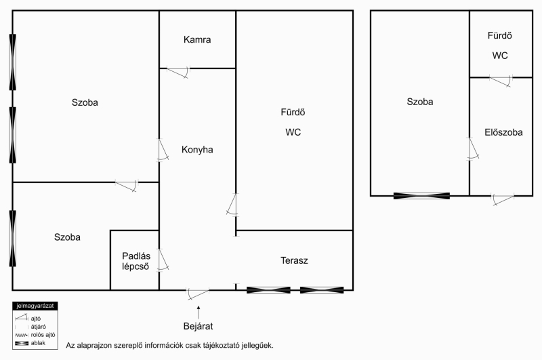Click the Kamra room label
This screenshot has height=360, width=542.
coord(197,40)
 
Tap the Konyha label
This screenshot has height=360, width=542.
coord(197,150)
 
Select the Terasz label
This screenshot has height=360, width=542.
coord(294,260)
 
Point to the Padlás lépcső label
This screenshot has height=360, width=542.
coord(136,261)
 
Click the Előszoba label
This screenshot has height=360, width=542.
coord(503,132)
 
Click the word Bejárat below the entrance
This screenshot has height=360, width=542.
coord(198,326)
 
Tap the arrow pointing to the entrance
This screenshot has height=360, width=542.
coord(199,312)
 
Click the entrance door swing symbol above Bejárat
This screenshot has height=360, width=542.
coord(198,294)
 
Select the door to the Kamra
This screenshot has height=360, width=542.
coord(178,72)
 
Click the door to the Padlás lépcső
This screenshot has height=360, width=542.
coord(163,260)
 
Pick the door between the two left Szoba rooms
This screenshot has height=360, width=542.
coord(127,186)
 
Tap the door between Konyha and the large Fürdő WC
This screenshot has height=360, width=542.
coord(232,205)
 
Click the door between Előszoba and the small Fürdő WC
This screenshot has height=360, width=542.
coord(501,81)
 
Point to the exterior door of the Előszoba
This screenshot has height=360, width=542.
coord(503,199)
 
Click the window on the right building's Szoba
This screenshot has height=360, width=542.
coord(421,196)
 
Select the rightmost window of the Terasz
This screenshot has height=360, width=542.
coord(322,290)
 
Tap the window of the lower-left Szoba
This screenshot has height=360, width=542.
coord(13,239)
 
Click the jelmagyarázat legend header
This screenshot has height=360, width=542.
coord(35,306)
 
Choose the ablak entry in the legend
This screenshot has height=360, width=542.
coord(30,344)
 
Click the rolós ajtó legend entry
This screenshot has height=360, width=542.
coord(35,335)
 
